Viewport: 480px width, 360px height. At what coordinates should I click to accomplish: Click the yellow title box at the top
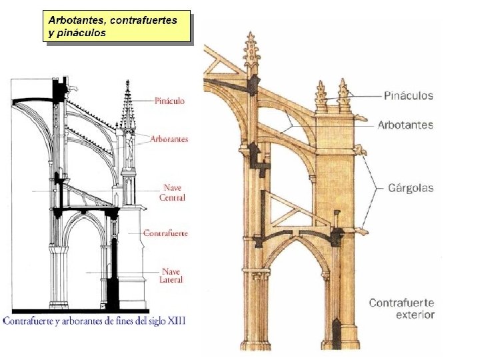point(117,26)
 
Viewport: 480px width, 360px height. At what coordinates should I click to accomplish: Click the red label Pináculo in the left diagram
point(169,101)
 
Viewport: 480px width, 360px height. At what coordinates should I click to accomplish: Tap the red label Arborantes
point(169,139)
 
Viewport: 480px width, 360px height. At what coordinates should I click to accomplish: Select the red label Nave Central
point(172,193)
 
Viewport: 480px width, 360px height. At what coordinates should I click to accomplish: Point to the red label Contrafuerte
point(165,233)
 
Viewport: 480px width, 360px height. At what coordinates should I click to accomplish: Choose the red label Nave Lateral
point(171,275)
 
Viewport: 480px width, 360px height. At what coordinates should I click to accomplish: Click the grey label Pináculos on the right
point(408,95)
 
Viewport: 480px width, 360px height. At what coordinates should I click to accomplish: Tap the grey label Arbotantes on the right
point(405,125)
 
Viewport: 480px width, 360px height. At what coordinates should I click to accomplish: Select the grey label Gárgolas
point(411,188)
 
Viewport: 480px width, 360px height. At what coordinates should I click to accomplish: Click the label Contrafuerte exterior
point(401,309)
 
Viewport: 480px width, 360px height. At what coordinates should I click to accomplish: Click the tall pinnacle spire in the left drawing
point(127,107)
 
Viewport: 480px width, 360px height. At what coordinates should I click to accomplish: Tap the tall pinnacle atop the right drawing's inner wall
point(251,53)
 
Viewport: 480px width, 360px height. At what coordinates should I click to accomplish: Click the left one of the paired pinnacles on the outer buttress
point(321,96)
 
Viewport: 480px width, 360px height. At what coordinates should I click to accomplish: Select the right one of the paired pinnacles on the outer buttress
point(343,93)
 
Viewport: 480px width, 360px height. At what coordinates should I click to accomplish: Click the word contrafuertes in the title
point(143,20)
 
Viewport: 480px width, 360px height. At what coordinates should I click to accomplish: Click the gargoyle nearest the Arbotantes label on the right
point(362,123)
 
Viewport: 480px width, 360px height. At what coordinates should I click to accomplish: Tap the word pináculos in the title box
point(81,33)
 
